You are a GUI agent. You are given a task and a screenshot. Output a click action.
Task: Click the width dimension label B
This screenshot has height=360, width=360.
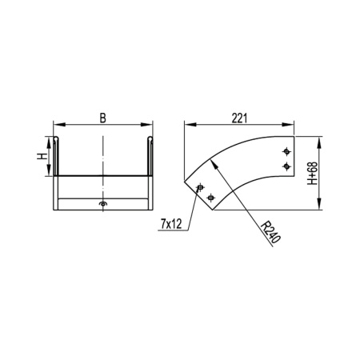tap(102, 118)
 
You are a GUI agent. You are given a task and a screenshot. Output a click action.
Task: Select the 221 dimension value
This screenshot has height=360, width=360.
tap(239, 118)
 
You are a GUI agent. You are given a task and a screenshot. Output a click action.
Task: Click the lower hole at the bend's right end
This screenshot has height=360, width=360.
tap(287, 166)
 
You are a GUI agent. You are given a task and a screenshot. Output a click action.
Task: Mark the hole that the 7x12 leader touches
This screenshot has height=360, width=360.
tap(199, 188)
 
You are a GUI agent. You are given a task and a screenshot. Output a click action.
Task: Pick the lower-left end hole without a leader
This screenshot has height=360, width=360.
tap(210, 197)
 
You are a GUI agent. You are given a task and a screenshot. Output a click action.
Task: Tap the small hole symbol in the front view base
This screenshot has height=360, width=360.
tap(102, 206)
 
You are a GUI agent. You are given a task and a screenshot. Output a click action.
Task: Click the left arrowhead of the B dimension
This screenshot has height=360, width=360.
tap(57, 125)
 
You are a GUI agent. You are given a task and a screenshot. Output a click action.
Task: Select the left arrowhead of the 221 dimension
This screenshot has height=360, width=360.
tap(187, 125)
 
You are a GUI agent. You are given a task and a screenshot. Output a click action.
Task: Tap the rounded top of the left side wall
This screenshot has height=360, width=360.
tap(56, 139)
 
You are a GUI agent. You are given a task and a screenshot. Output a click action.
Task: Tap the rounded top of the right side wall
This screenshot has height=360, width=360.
tap(150, 139)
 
